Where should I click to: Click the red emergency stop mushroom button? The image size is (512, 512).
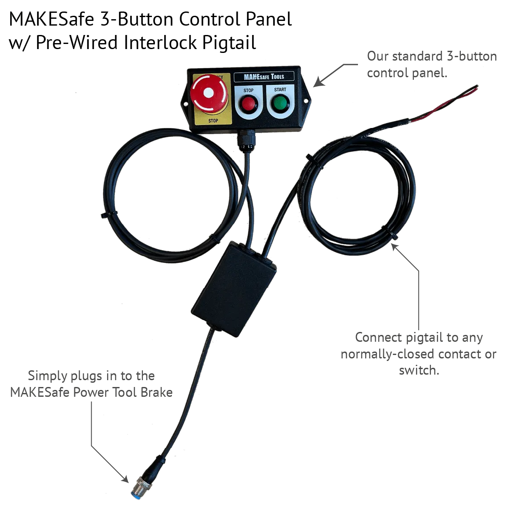pos(209,93)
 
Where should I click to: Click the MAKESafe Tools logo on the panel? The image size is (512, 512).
pos(264,77)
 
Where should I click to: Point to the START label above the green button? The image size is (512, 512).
pos(280,90)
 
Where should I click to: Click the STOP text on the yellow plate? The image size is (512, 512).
pos(213,121)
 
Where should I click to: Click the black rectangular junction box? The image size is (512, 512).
pos(234,289)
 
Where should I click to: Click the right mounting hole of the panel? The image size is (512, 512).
pos(306,101)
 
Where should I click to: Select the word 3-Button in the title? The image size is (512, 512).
pos(137,19)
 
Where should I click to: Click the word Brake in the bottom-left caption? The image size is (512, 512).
pos(157,393)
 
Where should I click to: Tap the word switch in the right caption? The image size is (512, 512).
pos(419,370)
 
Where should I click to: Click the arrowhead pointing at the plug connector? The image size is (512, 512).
pos(125,479)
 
